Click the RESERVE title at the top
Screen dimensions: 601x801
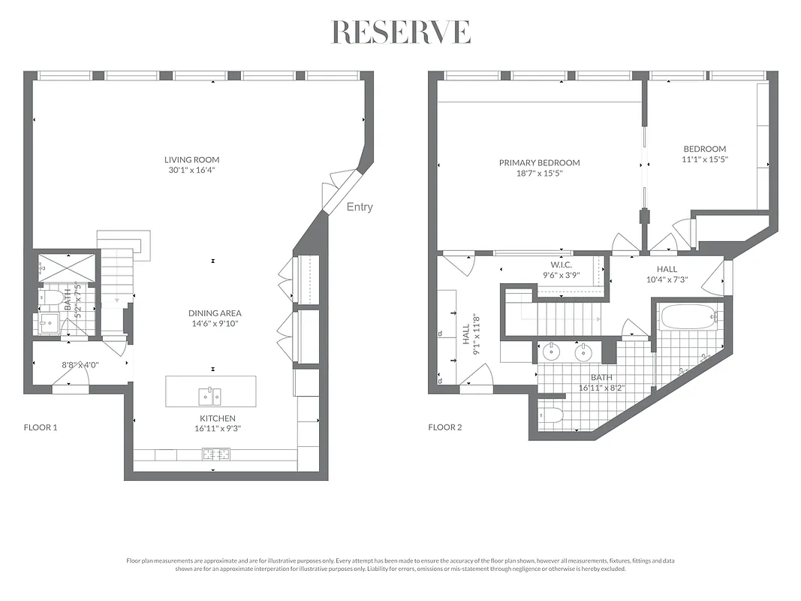401,32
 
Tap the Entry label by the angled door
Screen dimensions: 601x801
359,207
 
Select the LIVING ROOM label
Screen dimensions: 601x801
192,159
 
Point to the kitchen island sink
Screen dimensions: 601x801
210,395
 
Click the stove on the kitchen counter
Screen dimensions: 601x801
215,454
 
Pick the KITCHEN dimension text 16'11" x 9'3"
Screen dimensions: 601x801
218,429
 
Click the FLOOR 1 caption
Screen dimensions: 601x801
41,427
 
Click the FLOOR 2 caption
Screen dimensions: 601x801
444,427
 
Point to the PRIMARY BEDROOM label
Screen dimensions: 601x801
539,162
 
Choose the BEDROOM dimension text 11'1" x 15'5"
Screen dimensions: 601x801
705,159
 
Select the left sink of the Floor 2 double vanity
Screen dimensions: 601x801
551,351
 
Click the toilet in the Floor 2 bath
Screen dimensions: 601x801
550,414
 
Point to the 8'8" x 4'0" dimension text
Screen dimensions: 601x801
80,365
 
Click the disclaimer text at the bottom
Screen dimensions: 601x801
401,565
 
